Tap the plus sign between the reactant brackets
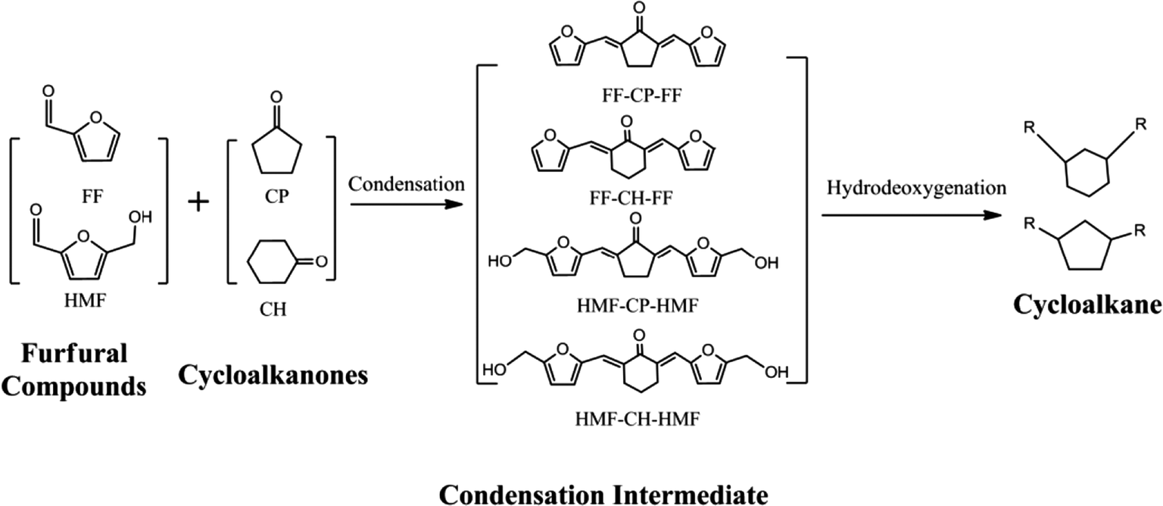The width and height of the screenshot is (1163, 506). (x=198, y=203)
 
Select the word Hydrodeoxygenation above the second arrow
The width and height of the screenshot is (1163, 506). (x=909, y=191)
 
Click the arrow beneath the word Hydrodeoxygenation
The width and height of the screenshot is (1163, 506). (x=909, y=215)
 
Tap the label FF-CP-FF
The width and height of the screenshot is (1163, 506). (x=635, y=97)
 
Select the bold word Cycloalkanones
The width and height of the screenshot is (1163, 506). (x=273, y=375)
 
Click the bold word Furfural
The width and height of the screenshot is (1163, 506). (x=73, y=353)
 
